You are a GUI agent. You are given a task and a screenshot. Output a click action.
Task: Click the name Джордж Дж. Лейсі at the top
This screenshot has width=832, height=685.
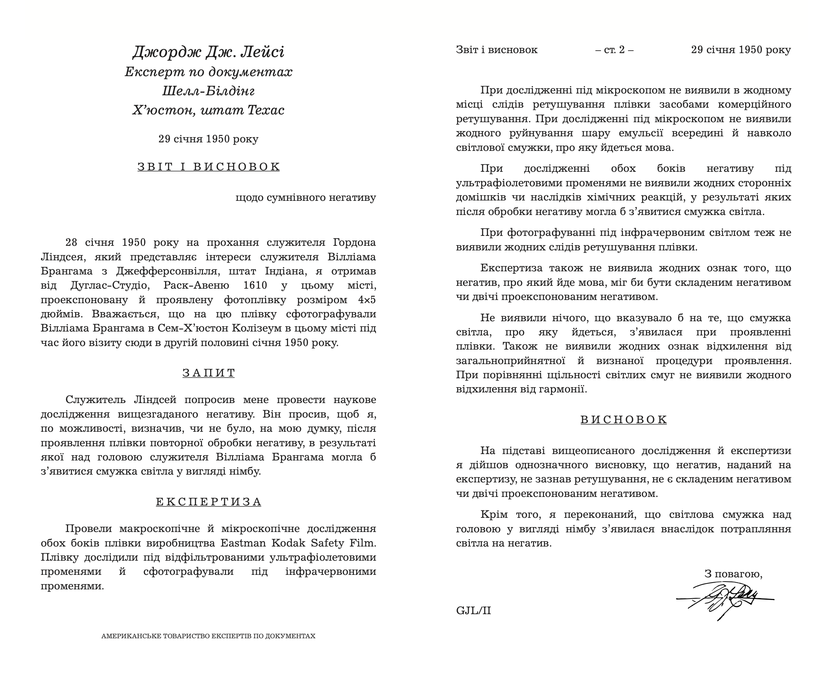coord(208,52)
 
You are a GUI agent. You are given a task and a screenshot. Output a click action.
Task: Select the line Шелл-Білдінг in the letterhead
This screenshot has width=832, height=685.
coord(208,91)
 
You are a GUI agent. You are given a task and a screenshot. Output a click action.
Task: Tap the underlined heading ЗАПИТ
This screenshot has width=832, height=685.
coord(208,373)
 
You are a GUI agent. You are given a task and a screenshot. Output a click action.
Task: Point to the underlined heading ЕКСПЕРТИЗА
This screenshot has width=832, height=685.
coord(208,502)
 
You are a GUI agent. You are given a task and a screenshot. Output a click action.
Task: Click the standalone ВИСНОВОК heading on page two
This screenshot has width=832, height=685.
coord(624,419)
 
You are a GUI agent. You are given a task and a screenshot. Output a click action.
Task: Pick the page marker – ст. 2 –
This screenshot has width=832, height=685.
coord(614,50)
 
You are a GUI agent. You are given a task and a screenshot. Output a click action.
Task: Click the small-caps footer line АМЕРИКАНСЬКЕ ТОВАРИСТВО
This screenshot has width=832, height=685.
coord(208,636)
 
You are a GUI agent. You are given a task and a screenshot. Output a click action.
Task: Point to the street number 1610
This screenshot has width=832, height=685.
coord(255,285)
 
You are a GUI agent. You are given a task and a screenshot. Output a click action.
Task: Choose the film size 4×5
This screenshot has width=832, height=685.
coord(367,300)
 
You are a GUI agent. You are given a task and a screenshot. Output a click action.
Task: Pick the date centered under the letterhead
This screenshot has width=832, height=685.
coord(208,139)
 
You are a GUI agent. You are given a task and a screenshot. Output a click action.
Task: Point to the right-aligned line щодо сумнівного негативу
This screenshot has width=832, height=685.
coord(305,197)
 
